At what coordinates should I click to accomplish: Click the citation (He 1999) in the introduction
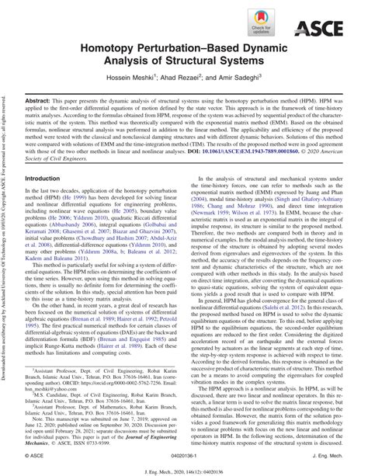(x=95, y=197)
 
